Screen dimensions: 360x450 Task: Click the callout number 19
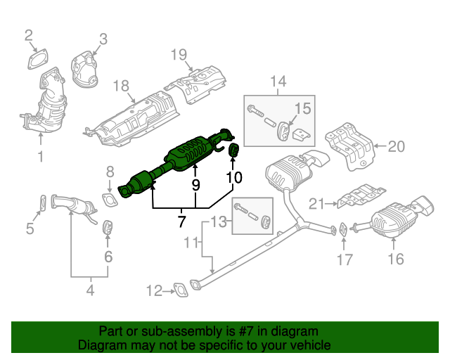coord(179,53)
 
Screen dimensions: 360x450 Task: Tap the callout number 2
coord(29,35)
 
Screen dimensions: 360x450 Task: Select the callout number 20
coord(397,147)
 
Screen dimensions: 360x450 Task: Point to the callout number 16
coord(396,259)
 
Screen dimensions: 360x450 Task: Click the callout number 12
coord(153,289)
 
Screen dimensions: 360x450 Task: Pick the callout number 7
coord(181,221)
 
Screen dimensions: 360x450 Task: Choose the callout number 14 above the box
coord(279,82)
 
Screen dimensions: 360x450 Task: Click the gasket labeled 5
coord(42,204)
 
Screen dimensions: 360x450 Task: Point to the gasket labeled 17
coord(342,229)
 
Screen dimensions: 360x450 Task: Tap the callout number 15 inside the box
coord(302,108)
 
